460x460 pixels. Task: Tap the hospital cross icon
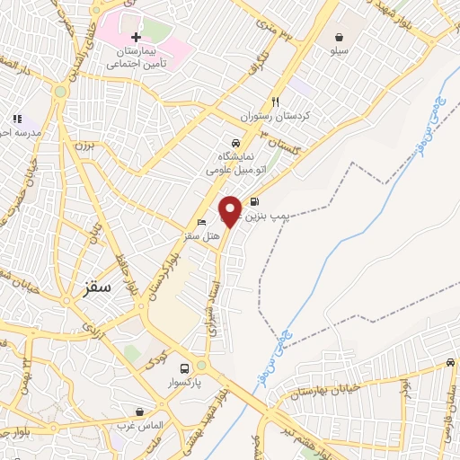click(136, 38)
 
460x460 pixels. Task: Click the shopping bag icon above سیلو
click(341, 38)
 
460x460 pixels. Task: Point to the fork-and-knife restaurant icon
click(276, 102)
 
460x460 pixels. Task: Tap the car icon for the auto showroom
click(234, 143)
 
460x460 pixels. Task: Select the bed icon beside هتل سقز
click(201, 222)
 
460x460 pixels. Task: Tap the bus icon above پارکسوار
click(185, 368)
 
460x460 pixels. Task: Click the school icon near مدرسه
click(16, 119)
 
